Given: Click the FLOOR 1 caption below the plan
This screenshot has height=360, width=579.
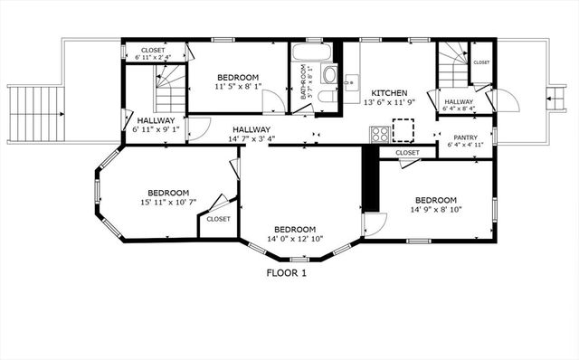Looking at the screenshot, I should pyautogui.click(x=287, y=273).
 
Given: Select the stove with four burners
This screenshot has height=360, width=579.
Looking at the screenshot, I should pyautogui.click(x=380, y=135).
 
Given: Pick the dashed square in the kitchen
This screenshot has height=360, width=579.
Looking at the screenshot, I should pyautogui.click(x=403, y=134).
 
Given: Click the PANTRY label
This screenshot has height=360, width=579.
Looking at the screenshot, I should pyautogui.click(x=465, y=137).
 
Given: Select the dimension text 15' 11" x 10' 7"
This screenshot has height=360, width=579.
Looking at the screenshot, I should pyautogui.click(x=168, y=204).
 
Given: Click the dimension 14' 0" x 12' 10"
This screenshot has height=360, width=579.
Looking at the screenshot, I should pyautogui.click(x=295, y=240).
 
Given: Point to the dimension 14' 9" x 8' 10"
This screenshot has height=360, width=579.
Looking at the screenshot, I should pyautogui.click(x=435, y=211).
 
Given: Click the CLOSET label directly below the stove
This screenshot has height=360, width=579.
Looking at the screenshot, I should pyautogui.click(x=407, y=153).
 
